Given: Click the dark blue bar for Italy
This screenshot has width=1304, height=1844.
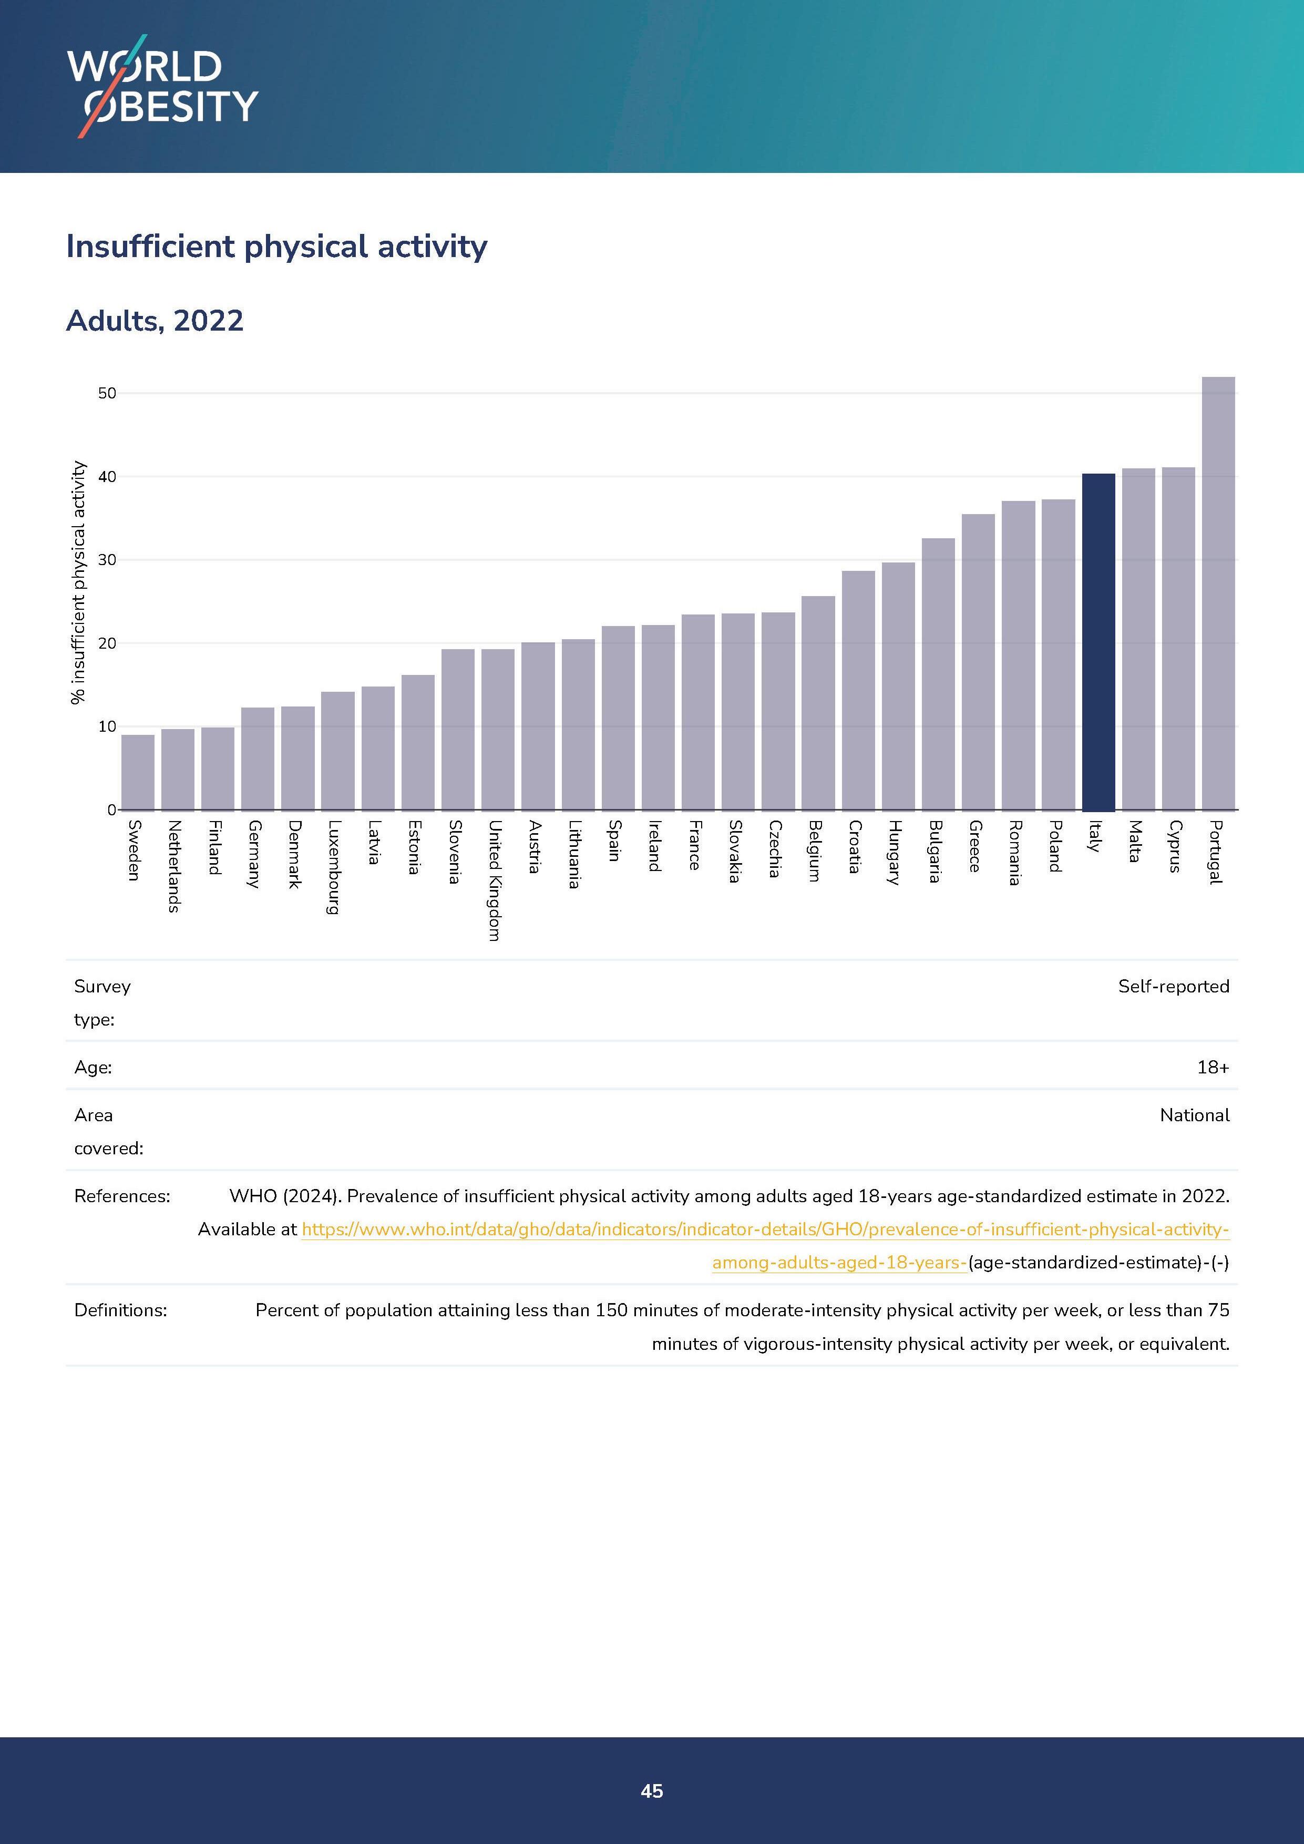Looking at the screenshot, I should coord(1098,642).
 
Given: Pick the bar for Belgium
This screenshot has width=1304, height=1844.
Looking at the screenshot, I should coord(818,703).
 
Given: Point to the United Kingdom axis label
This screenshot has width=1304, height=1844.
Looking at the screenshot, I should coord(495,880).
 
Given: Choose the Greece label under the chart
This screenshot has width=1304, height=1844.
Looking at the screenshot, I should coord(975,846).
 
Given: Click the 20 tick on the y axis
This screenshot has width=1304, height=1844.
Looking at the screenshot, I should coord(107,643).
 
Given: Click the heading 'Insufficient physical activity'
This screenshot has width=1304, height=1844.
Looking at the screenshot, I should coord(276,247).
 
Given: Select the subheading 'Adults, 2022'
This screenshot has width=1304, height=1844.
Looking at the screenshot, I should coord(155,321).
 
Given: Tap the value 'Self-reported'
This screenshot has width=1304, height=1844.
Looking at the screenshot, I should coord(1173,986).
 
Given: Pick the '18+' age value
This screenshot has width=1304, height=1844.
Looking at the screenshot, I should coord(1213,1068).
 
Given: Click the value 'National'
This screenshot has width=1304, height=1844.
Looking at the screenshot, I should coord(1194,1115).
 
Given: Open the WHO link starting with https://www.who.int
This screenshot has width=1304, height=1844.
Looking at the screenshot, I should coord(764,1230).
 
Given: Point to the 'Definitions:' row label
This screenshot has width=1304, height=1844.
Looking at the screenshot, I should coord(120,1310).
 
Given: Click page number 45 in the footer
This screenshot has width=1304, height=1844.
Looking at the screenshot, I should coord(652,1791).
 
